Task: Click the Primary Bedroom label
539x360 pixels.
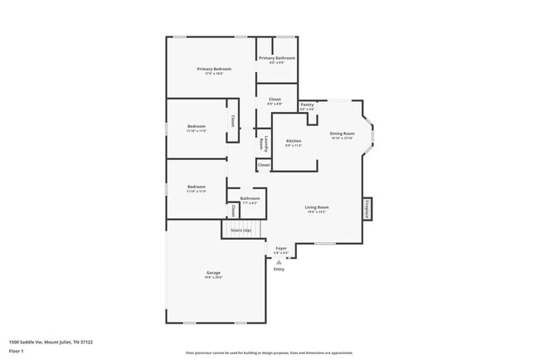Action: [x=214, y=69]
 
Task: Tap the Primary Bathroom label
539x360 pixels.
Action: [x=277, y=58]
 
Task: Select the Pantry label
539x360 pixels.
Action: [x=307, y=105]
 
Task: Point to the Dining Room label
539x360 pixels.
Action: [x=342, y=134]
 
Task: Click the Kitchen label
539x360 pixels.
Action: [x=294, y=141]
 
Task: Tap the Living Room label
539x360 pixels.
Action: [x=317, y=207]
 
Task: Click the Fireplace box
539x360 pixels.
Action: [x=367, y=209]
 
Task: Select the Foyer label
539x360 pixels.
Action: [x=281, y=248]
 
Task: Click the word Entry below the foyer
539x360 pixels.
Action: [x=279, y=269]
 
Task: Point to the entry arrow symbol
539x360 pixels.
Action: [x=279, y=260]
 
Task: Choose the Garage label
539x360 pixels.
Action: [x=213, y=273]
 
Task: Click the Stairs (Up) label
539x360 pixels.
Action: [x=241, y=230]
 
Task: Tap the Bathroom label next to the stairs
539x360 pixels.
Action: [x=250, y=198]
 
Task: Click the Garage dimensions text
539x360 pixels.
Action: [x=213, y=278]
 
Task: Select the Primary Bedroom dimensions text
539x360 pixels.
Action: [x=214, y=74]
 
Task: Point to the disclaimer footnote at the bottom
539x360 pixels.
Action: [x=269, y=352]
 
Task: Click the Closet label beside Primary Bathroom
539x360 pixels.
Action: [x=274, y=100]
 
